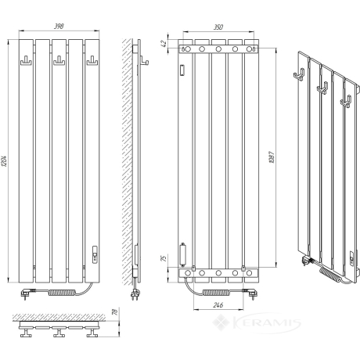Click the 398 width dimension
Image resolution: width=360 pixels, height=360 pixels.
(x=59, y=26)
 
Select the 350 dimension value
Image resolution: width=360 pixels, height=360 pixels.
(x=218, y=27)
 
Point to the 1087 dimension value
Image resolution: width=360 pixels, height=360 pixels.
(x=272, y=157)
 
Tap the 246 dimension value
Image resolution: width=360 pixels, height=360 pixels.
(x=218, y=304)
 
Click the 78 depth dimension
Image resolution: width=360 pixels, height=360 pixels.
(x=115, y=311)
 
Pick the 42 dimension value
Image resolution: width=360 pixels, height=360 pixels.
(x=164, y=43)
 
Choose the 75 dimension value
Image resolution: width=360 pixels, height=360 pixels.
(x=164, y=258)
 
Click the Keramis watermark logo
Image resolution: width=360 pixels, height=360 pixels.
(x=257, y=322)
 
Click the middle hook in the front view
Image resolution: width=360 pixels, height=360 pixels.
(x=59, y=61)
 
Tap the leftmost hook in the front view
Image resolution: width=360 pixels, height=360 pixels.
(x=26, y=61)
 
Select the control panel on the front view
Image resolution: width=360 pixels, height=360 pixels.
(x=95, y=254)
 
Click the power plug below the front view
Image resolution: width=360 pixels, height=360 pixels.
(x=28, y=293)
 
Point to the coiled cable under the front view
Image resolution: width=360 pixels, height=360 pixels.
(x=62, y=292)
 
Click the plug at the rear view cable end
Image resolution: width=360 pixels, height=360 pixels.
(x=250, y=293)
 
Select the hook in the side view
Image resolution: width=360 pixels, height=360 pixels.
(x=144, y=61)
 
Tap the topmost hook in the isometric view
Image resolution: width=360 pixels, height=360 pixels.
(x=299, y=74)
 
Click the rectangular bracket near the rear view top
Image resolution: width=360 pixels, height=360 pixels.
(x=182, y=70)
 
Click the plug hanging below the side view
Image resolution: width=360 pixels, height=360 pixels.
(x=135, y=293)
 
